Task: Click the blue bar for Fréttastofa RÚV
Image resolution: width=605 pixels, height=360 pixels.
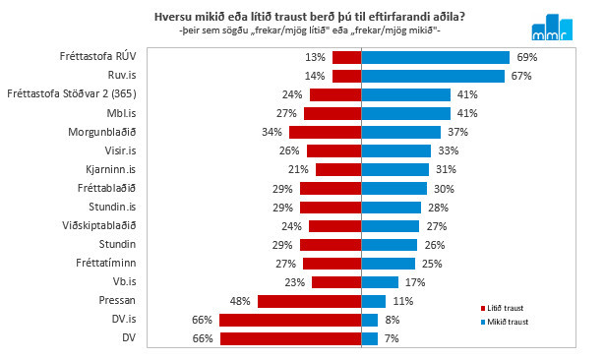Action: tap(435, 57)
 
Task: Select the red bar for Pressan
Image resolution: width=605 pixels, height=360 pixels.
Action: tap(310, 301)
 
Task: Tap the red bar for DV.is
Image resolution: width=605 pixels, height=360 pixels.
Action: tap(290, 320)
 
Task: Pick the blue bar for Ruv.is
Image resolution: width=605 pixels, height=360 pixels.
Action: tap(433, 76)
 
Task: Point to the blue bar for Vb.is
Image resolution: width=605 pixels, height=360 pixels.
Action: tap(380, 282)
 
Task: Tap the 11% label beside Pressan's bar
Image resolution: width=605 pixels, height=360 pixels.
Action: tap(401, 301)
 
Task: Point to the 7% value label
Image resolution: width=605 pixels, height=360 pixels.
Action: tap(392, 338)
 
